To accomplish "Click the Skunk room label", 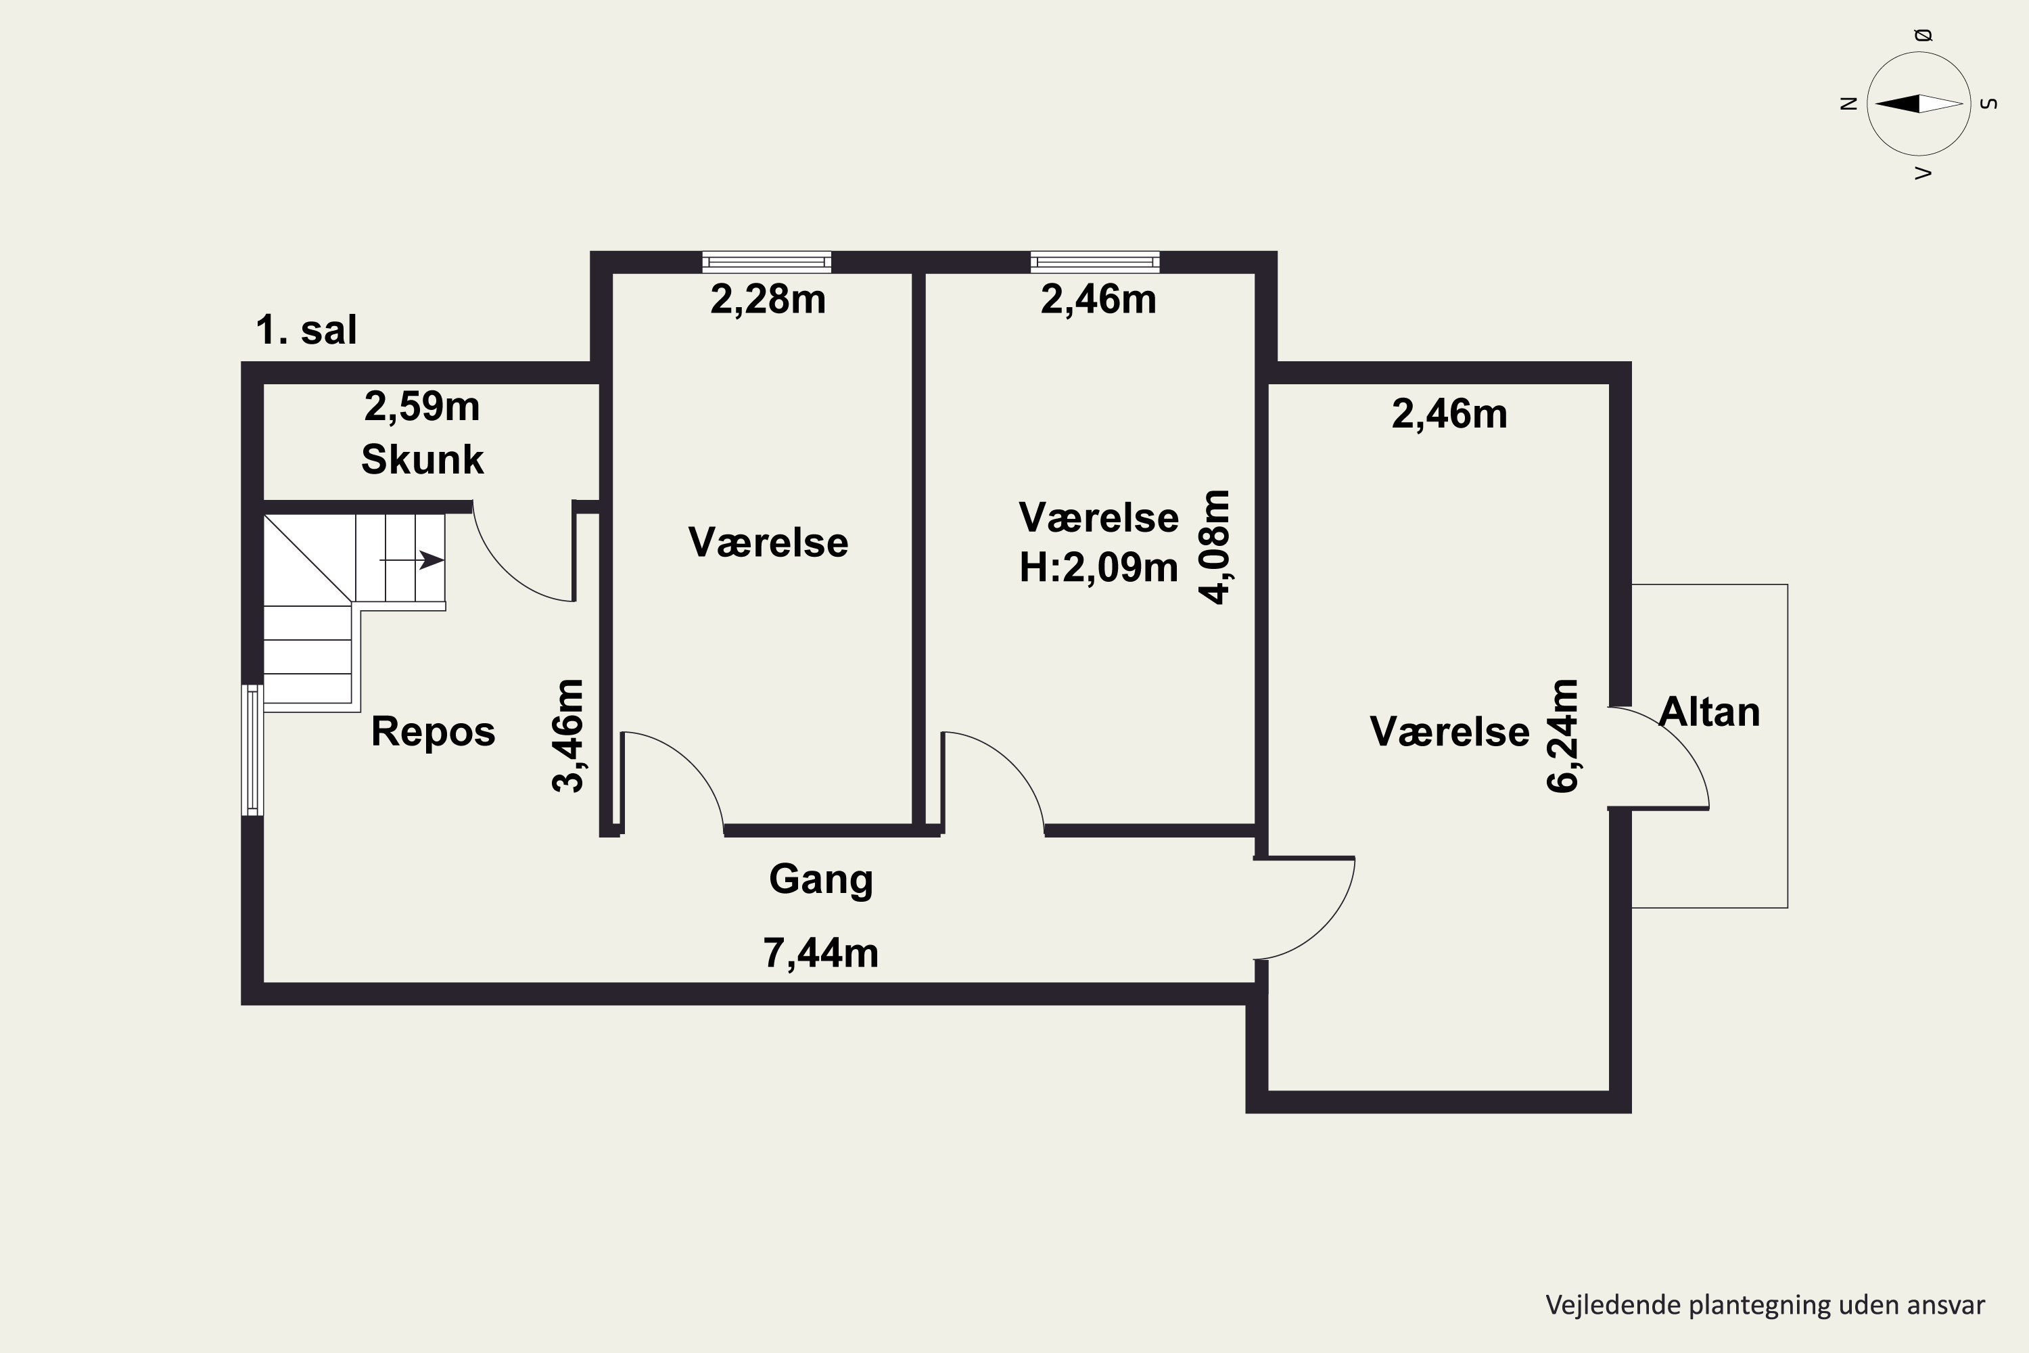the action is coord(422,459).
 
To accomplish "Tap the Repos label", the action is coord(433,732).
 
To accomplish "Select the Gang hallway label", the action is coord(821,880).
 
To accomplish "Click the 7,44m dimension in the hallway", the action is coord(821,953).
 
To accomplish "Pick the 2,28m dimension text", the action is coord(768,300).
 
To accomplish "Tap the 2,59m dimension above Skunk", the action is coord(422,407).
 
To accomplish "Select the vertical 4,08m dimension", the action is coord(1215,547).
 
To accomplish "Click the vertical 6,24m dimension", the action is coord(1562,736).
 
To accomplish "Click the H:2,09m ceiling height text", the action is coord(1098,568).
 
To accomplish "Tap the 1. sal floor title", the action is coord(306,329).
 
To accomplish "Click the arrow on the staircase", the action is coord(413,560).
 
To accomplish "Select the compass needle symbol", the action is coord(1919,104).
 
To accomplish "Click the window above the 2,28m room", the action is coord(767,261).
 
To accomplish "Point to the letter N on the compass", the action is coord(1848,104).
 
